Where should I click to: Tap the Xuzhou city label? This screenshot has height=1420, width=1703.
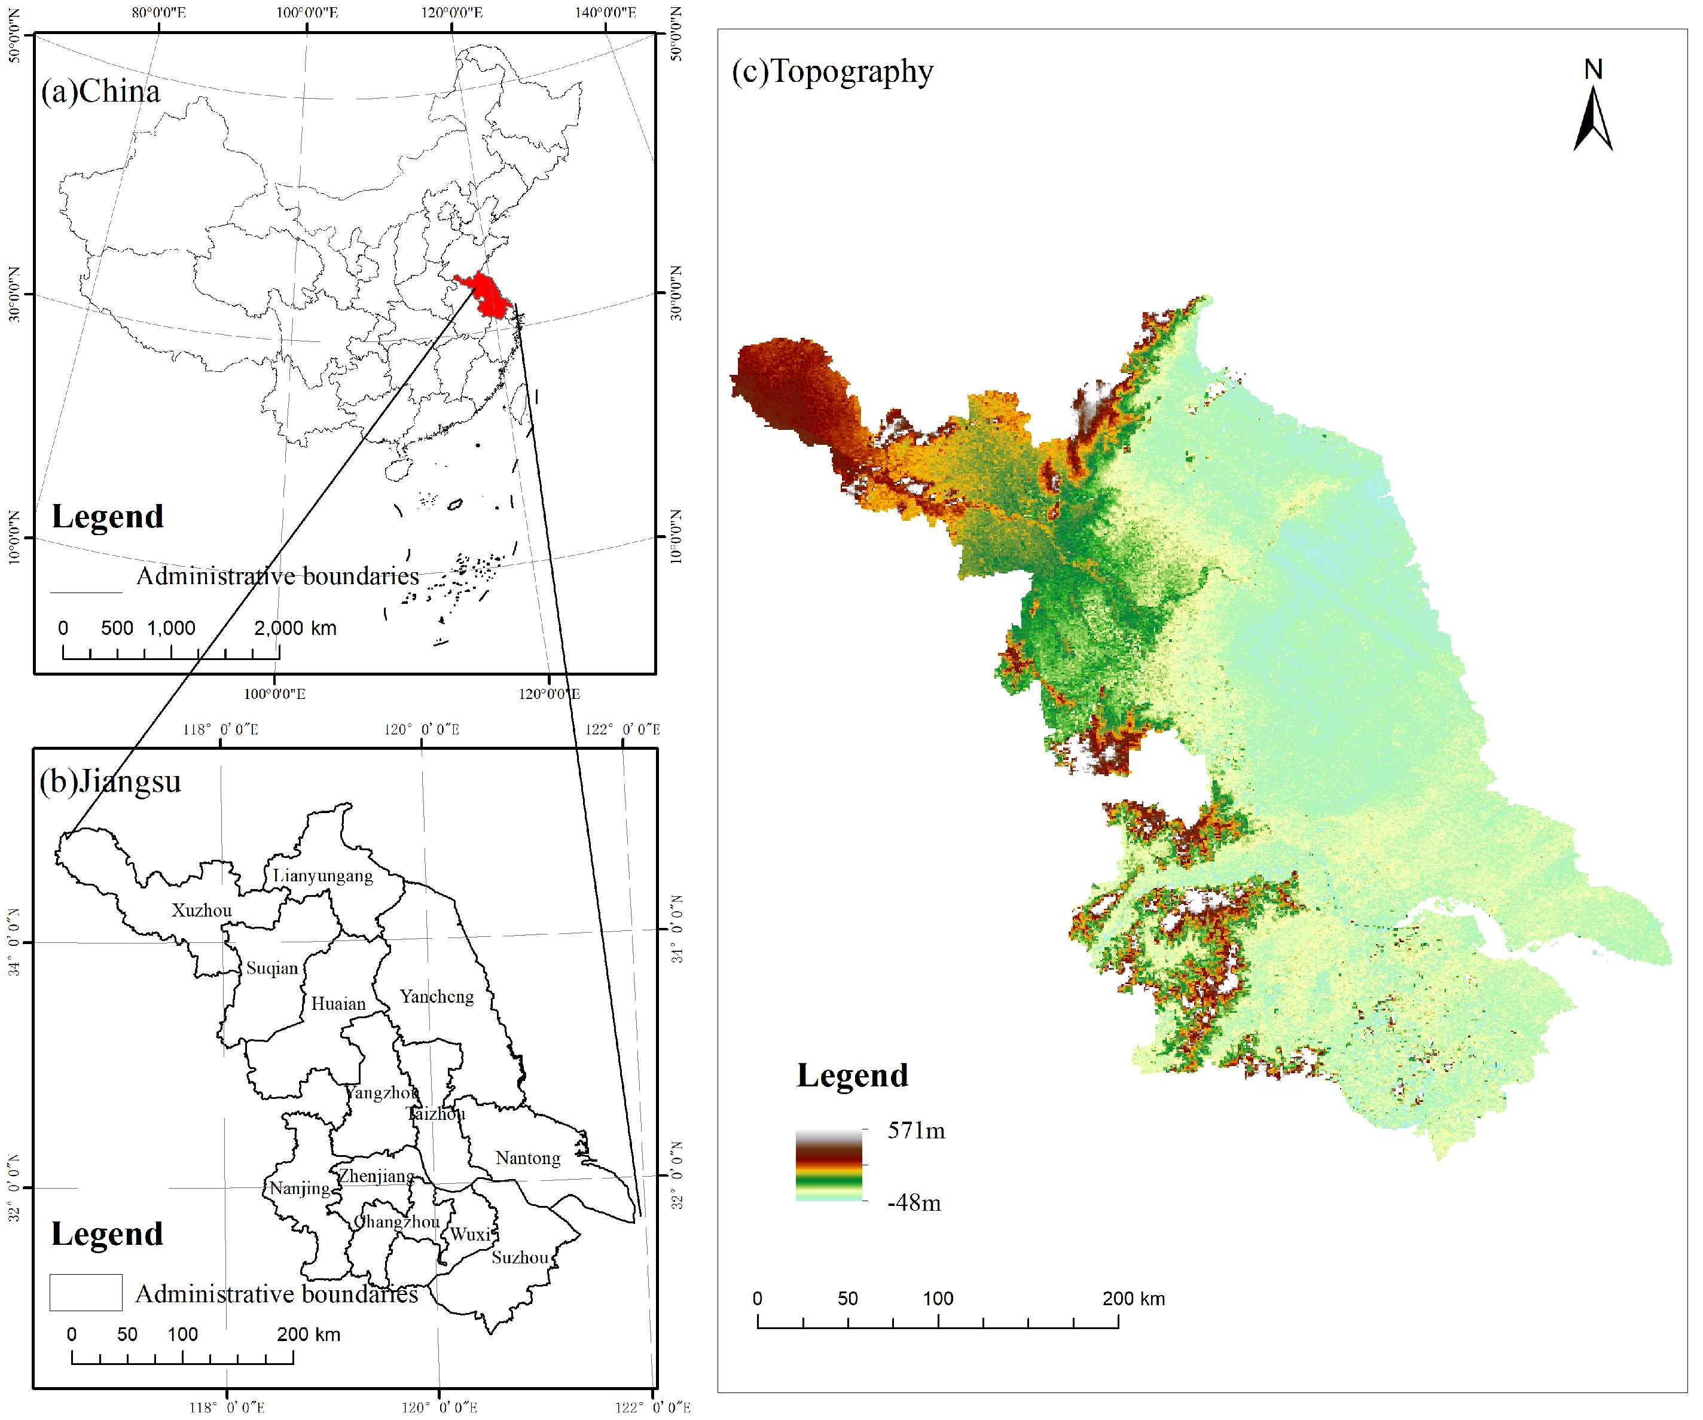pos(201,911)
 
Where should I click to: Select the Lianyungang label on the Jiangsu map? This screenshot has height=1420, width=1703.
pos(323,876)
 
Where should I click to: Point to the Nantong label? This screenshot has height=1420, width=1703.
pos(528,1158)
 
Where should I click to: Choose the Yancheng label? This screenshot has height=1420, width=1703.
pos(437,997)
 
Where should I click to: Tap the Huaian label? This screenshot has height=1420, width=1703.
pos(338,1004)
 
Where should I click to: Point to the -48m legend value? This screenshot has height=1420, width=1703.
pos(914,1202)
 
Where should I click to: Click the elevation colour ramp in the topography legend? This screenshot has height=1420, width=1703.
pos(828,1165)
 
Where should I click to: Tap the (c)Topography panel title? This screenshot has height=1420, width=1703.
pos(832,71)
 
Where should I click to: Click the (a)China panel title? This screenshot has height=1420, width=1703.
pos(100,91)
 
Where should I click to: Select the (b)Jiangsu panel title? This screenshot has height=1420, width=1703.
pos(110,781)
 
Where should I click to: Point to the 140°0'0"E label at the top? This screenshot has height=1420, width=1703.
pos(606,12)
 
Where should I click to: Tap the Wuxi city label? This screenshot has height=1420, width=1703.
pos(471,1234)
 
